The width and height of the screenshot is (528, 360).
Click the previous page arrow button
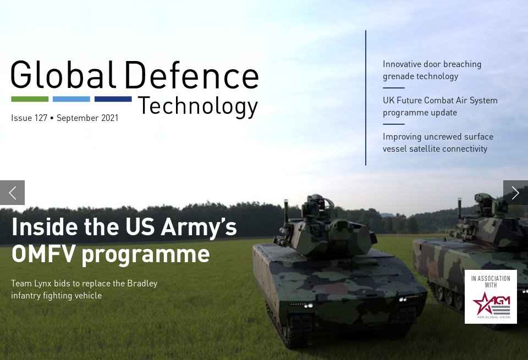click(12, 192)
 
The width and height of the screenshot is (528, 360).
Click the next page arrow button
click(515, 192)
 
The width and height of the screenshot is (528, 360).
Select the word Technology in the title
click(197, 106)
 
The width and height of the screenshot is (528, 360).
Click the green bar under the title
click(30, 99)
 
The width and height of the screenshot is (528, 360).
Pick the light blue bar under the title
click(71, 99)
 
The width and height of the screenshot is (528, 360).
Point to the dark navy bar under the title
click(113, 99)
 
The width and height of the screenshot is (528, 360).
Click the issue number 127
click(40, 118)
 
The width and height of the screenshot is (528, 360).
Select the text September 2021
click(87, 118)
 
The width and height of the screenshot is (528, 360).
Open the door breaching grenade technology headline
click(432, 70)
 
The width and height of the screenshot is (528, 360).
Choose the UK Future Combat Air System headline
click(440, 107)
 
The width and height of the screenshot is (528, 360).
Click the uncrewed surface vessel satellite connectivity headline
click(438, 143)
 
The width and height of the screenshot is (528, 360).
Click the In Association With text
click(491, 282)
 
